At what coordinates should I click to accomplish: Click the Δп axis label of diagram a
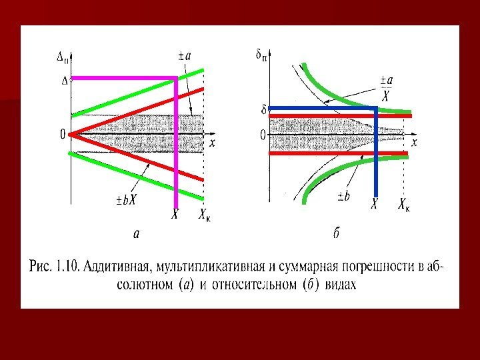(62, 58)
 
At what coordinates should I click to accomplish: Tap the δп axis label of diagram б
(262, 56)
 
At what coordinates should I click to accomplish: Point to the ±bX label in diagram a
(125, 199)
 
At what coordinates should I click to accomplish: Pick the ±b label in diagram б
(345, 196)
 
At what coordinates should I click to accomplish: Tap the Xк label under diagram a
(207, 215)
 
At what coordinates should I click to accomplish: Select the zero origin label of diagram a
(63, 135)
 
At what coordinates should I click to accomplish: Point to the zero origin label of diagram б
(263, 135)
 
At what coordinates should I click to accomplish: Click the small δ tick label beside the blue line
(263, 108)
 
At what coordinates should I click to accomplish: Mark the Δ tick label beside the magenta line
(64, 81)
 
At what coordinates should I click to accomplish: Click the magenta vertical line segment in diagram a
(175, 147)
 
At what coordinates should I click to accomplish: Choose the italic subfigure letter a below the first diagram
(137, 234)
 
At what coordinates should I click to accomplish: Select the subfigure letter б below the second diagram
(337, 233)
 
